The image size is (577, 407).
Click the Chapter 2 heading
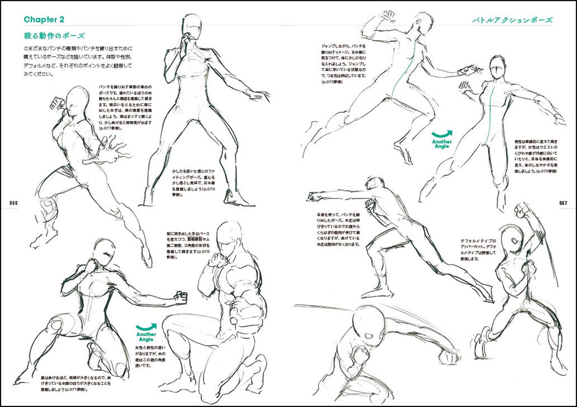tap(44, 20)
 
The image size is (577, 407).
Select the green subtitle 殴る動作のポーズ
tap(54, 36)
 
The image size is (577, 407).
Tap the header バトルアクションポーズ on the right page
tap(512, 20)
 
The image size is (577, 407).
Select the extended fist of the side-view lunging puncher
tap(314, 197)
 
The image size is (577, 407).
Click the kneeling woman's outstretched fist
tap(181, 298)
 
